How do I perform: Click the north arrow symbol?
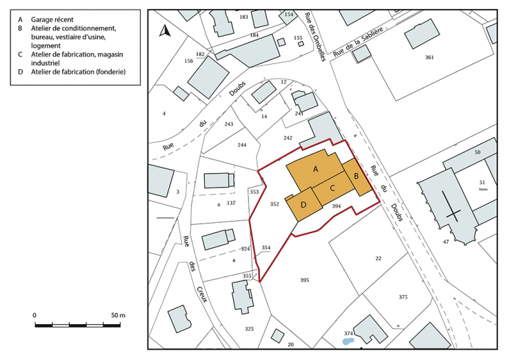(x=165, y=30)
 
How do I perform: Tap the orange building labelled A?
(x=315, y=169)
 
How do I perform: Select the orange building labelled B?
(x=357, y=177)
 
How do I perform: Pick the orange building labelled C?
(x=332, y=188)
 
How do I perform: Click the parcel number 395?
(x=304, y=280)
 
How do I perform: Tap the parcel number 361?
(x=429, y=57)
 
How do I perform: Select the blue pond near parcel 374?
(x=350, y=339)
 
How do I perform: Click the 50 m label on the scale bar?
(x=117, y=315)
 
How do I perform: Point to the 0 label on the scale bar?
(x=34, y=315)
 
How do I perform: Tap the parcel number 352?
(x=275, y=204)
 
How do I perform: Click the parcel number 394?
(x=337, y=206)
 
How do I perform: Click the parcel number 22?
(x=378, y=258)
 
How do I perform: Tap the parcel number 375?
(x=403, y=297)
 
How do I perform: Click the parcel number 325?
(x=249, y=329)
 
